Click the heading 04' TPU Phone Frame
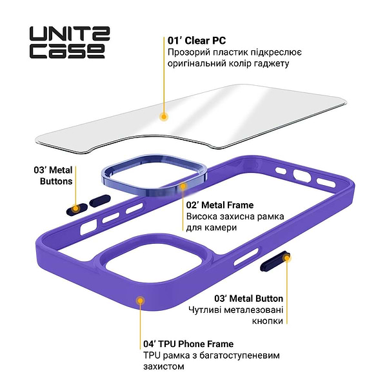coord(188,344)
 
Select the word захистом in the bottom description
coord(164,366)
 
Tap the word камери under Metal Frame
coord(221,228)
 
